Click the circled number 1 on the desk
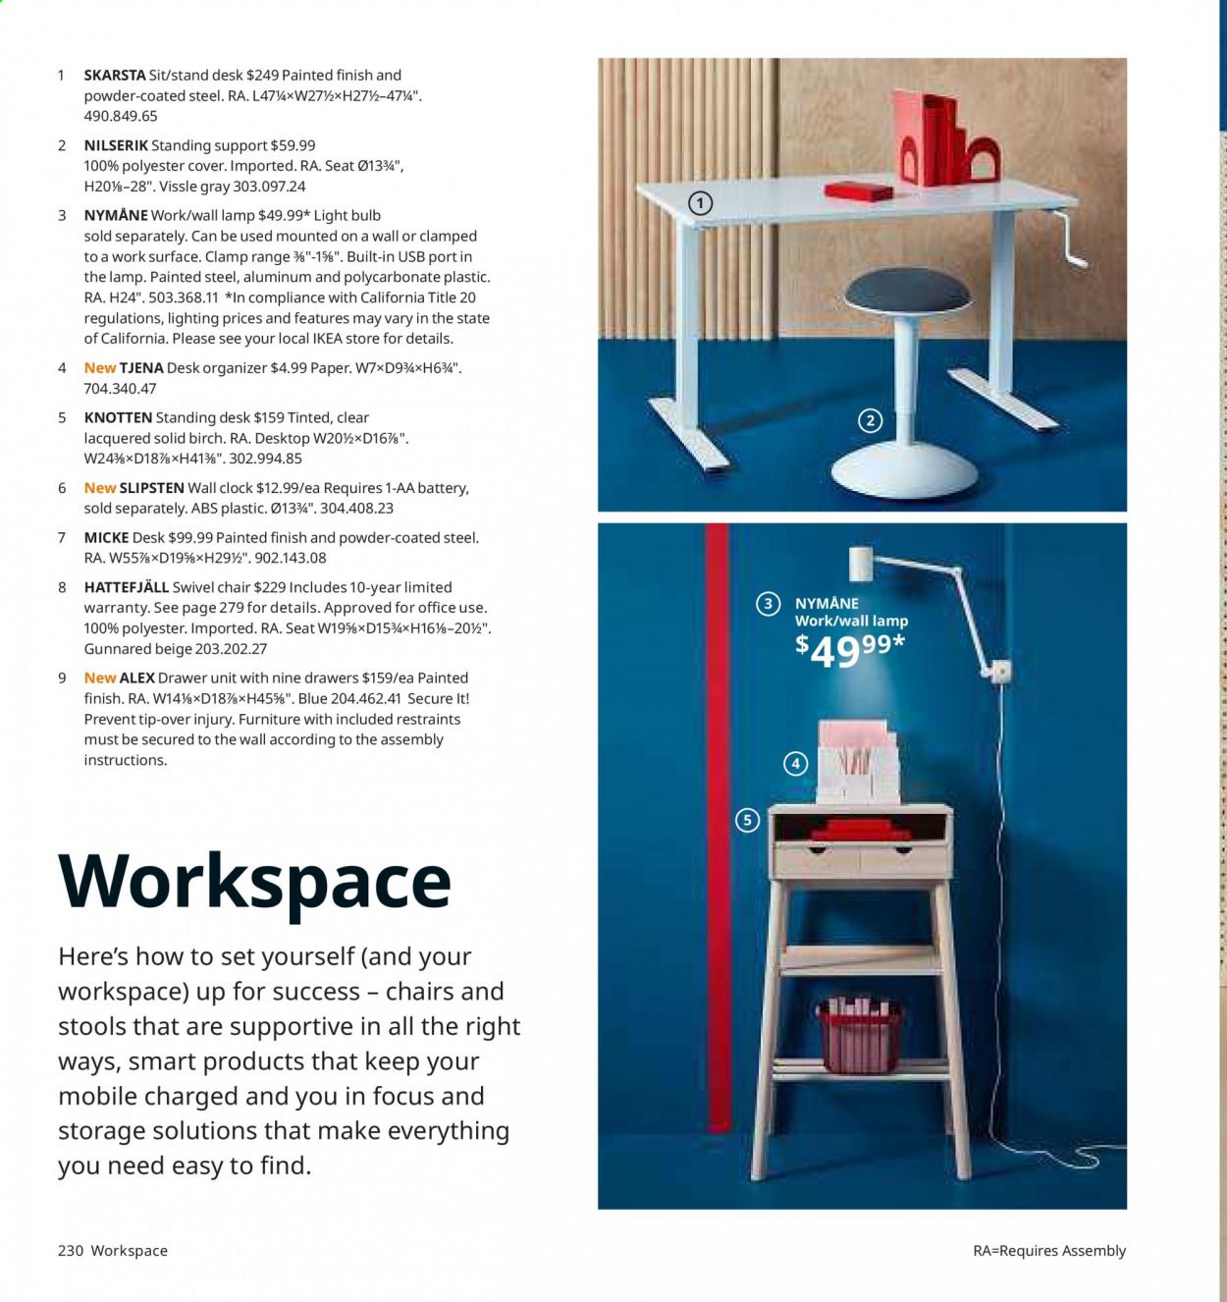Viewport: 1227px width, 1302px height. coord(700,203)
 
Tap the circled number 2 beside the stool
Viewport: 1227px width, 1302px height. coord(870,421)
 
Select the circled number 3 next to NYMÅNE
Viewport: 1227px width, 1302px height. coord(768,604)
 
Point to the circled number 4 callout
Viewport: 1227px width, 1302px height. coord(795,763)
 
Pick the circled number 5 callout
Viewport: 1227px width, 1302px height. coord(748,820)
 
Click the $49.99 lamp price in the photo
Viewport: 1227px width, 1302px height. coord(849,649)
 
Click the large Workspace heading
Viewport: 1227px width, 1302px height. coord(255,881)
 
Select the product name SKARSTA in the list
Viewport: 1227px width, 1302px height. coord(115,75)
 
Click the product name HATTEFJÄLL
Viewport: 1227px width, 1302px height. coord(126,587)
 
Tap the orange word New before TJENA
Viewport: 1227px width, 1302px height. coord(99,368)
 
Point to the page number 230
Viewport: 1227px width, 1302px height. coord(71,1250)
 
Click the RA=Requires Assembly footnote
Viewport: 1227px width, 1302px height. coord(1048,1250)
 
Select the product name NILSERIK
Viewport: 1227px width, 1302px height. coord(116,145)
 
